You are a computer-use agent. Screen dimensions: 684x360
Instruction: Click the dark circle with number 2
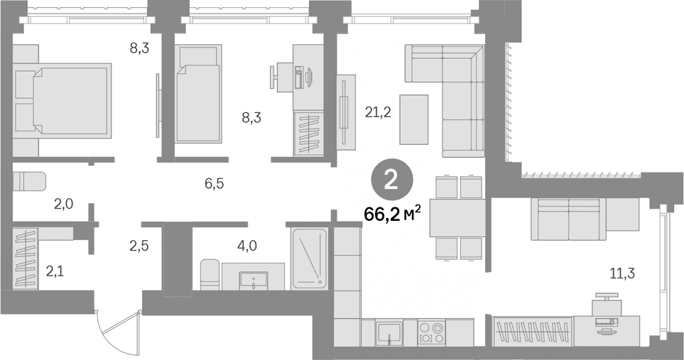point(391,180)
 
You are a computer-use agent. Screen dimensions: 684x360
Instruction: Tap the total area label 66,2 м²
point(393,214)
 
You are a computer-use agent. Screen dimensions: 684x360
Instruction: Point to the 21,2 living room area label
point(378,112)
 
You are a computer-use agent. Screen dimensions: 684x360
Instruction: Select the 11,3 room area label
point(621,273)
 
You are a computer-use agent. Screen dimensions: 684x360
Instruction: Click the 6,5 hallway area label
point(214,183)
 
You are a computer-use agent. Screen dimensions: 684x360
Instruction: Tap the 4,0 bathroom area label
point(246,246)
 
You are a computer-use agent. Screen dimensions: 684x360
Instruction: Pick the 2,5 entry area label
point(139,246)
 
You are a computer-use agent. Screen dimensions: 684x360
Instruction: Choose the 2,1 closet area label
point(55,273)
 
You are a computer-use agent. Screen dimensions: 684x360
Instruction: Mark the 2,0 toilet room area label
point(64,204)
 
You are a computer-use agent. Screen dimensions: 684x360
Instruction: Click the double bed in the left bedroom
point(62,99)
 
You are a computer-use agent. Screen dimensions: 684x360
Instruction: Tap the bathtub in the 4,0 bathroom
point(310,258)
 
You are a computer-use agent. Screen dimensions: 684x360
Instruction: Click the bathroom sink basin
point(254,279)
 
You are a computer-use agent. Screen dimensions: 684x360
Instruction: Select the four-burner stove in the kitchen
point(430,332)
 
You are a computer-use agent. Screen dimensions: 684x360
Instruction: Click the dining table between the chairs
point(457,217)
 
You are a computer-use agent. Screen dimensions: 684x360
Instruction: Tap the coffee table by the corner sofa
point(414,119)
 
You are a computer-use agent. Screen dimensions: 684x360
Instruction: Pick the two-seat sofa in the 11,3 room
point(568,219)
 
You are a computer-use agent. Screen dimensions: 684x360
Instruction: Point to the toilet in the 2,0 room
point(29,181)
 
